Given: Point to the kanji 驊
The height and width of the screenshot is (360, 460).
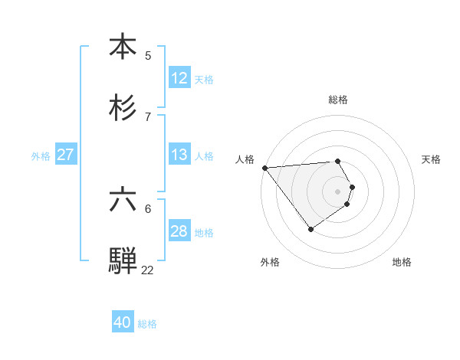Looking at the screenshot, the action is click(123, 260).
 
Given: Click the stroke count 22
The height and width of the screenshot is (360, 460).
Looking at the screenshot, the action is click(147, 270).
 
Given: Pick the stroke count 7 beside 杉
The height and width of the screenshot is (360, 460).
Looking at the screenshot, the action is click(148, 116).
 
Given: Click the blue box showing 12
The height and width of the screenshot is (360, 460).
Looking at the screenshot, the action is click(179, 78).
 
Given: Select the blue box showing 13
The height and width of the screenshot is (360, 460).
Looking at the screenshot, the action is click(179, 155).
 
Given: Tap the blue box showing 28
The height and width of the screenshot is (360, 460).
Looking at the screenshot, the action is click(179, 231).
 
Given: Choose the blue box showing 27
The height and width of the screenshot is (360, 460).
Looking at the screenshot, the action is click(65, 155).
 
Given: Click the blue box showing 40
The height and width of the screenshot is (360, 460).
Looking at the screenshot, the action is click(123, 322).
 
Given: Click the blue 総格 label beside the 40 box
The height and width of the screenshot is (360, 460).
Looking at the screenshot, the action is click(147, 324).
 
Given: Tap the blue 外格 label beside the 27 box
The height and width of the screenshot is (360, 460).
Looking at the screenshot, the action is click(41, 156).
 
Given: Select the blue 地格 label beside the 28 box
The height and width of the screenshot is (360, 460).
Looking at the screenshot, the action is click(204, 233).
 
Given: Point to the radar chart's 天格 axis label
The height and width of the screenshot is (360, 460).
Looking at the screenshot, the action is click(432, 159).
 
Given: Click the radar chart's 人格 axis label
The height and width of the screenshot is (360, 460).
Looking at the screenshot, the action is click(245, 159).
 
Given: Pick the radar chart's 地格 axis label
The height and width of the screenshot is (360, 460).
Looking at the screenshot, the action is click(402, 262).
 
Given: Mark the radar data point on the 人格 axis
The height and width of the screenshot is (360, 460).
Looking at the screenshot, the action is click(264, 167).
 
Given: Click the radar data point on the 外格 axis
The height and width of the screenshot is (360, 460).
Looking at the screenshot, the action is click(310, 229).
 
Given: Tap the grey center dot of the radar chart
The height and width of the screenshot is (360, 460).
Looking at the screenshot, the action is click(338, 190).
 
